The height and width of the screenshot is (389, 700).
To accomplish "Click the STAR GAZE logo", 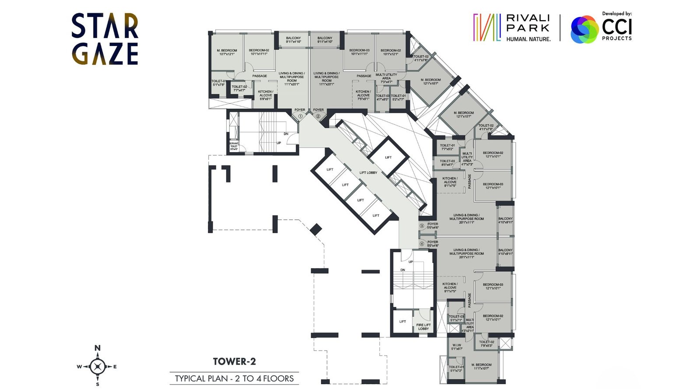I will pyautogui.click(x=105, y=39).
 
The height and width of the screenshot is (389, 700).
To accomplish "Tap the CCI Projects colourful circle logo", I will pyautogui.click(x=584, y=29).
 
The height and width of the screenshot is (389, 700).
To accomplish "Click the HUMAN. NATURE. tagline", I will pyautogui.click(x=528, y=39).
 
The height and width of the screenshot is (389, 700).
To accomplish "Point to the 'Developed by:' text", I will pyautogui.click(x=617, y=14).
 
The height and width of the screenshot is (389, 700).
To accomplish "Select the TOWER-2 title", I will pyautogui.click(x=234, y=361).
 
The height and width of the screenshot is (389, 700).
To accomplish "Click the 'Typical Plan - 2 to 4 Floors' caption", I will pyautogui.click(x=234, y=378).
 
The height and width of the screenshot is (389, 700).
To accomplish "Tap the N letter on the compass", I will pyautogui.click(x=98, y=348).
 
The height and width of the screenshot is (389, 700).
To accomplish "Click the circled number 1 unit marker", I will pyautogui.click(x=301, y=116).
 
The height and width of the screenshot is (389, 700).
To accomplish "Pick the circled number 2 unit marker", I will pyautogui.click(x=318, y=116).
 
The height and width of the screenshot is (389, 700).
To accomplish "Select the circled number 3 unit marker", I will pyautogui.click(x=422, y=226).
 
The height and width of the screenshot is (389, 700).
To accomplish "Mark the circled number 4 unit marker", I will pyautogui.click(x=422, y=244).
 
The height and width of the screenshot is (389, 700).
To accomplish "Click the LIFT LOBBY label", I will pyautogui.click(x=368, y=173).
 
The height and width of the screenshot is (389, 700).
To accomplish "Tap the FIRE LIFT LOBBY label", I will pyautogui.click(x=423, y=327).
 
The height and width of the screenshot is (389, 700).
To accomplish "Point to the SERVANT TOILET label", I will pyautogui.click(x=234, y=146).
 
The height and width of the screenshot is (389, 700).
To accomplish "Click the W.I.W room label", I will pyautogui.click(x=456, y=347).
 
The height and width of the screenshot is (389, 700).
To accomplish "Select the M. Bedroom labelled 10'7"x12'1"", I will pyautogui.click(x=227, y=52).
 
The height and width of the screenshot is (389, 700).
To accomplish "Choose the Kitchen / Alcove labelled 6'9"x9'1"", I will pyautogui.click(x=266, y=95).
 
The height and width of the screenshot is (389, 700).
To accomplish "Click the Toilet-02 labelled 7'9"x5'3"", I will pyautogui.click(x=486, y=344).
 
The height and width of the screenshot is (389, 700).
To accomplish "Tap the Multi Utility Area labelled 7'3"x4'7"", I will pyautogui.click(x=386, y=78).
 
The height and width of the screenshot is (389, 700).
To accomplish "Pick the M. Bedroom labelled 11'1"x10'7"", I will pyautogui.click(x=481, y=366).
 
